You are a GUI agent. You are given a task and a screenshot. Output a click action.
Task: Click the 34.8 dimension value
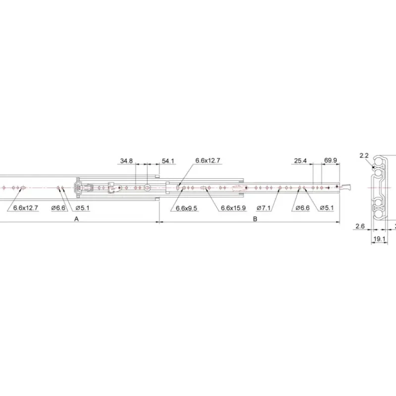point(126,161)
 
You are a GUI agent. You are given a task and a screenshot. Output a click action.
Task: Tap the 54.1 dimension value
point(168,161)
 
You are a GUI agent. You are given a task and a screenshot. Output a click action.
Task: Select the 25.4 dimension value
point(300,160)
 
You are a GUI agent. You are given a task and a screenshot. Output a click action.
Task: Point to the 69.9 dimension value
point(330,160)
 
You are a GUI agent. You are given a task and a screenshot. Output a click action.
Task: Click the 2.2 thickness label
point(364,155)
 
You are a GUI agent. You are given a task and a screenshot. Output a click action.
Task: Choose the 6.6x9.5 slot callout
point(187,208)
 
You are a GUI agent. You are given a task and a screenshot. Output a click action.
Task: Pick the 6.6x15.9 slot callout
point(233,208)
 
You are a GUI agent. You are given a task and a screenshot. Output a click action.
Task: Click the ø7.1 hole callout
point(263,208)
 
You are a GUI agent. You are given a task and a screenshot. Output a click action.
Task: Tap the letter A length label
point(77,219)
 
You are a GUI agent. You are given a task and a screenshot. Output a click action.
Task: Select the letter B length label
point(255,219)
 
